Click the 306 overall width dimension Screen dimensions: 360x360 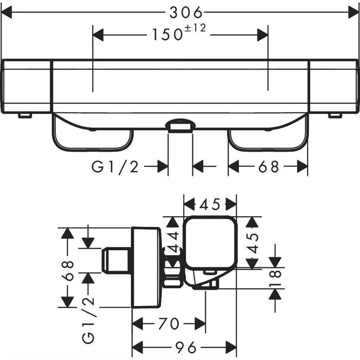click(186, 12)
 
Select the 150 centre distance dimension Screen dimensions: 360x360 click(167, 35)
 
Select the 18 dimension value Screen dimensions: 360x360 click(275, 278)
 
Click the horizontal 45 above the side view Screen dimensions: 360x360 click(210, 204)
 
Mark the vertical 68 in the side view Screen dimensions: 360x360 click(68, 271)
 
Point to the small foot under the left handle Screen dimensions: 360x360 click(25, 116)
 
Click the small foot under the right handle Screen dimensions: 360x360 click(335, 116)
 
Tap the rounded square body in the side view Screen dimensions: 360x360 click(210, 243)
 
